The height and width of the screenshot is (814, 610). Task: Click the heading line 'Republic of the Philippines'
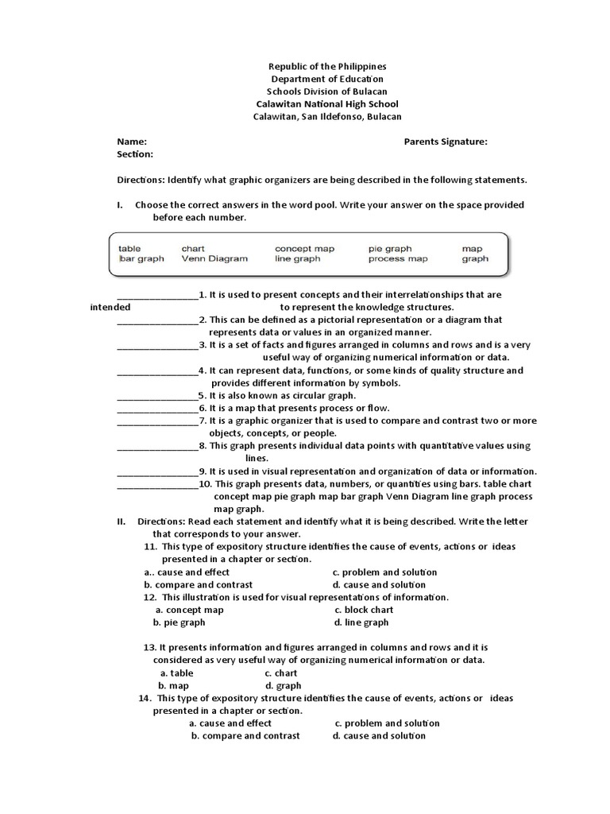tap(326, 67)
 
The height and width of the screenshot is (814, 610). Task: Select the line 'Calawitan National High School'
tap(326, 104)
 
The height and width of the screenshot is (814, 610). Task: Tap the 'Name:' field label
tap(132, 141)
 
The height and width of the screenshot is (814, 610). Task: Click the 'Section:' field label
tap(135, 154)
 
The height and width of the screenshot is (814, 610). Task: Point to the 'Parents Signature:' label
tap(446, 141)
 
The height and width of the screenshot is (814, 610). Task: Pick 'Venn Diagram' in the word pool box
tap(214, 258)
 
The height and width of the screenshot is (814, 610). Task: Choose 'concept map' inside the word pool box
tap(305, 248)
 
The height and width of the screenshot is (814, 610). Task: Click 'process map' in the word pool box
tap(398, 258)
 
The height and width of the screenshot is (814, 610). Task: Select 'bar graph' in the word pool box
tap(141, 258)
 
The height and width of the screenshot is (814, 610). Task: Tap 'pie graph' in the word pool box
tap(390, 248)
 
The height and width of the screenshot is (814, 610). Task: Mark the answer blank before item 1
tap(157, 295)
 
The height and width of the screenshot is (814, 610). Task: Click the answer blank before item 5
tap(157, 395)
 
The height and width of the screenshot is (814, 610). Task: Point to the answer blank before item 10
tap(157, 484)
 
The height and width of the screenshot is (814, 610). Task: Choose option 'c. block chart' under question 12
tap(364, 610)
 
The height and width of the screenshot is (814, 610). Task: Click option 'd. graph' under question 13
tap(284, 685)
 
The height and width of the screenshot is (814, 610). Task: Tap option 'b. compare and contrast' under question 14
tap(245, 736)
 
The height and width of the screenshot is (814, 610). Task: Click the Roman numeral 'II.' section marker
tap(122, 521)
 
